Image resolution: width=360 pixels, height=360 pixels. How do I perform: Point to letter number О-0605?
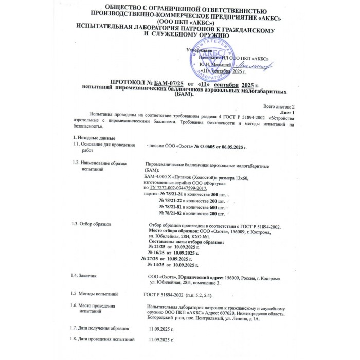pyautogui.click(x=204, y=147)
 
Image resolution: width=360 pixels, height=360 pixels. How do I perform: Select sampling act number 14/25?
pyautogui.click(x=159, y=265)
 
